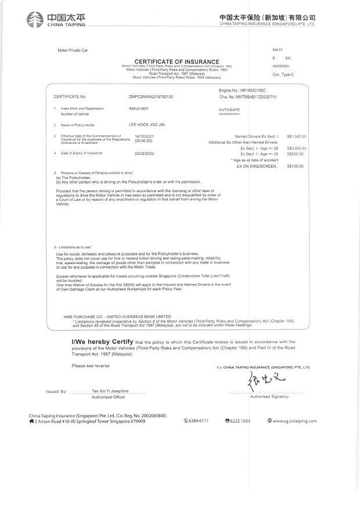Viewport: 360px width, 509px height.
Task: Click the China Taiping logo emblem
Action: tap(35, 19)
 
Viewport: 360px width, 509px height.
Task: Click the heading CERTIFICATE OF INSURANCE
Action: tap(177, 62)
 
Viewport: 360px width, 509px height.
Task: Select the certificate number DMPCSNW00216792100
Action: tap(150, 96)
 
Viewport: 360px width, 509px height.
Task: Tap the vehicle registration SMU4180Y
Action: tap(139, 109)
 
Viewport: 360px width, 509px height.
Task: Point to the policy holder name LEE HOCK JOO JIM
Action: tap(146, 125)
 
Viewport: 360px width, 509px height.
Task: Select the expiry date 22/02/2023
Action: tap(143, 153)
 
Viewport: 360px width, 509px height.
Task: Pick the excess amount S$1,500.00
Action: tap(297, 136)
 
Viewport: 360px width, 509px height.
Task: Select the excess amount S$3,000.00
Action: tap(297, 149)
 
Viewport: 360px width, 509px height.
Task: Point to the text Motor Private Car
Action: tap(71, 51)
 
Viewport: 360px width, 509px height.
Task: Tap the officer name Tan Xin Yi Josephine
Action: tap(110, 391)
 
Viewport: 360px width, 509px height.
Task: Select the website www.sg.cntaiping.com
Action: tap(294, 421)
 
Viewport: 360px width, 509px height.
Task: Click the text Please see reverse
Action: tap(90, 366)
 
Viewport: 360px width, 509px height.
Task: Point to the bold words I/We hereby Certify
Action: tap(102, 342)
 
